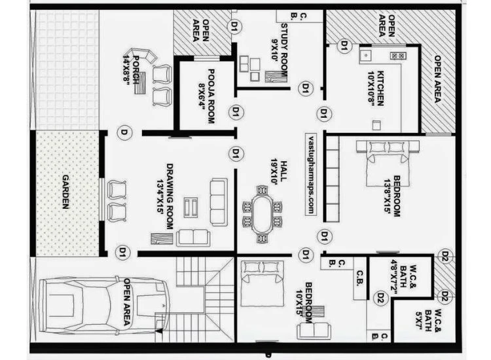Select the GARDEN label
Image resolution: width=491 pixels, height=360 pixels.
pyautogui.click(x=65, y=192)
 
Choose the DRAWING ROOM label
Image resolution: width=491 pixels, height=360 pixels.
pyautogui.click(x=169, y=196)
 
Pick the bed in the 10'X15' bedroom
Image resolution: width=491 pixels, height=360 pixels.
pyautogui.click(x=261, y=282)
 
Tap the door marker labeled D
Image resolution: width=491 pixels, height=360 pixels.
pyautogui.click(x=122, y=133)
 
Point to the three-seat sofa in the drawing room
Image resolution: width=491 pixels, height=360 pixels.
pyautogui.click(x=218, y=192)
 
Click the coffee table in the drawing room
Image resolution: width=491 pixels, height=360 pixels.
pyautogui.click(x=191, y=207)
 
